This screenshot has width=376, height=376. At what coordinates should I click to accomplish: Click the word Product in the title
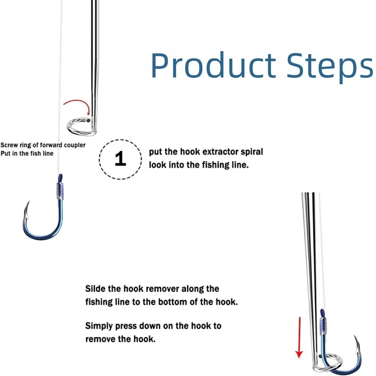pos(214,65)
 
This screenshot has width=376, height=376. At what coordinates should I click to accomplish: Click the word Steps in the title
pos(330,68)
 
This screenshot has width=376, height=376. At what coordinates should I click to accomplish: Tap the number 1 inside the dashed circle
pos(120,159)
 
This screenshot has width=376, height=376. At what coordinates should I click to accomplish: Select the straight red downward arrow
pos(299,337)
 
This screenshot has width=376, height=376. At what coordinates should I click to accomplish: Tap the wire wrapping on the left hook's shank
pos(60,191)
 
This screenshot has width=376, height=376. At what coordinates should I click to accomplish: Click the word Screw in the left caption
pos(9,145)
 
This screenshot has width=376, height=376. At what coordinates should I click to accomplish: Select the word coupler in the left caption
pos(74,145)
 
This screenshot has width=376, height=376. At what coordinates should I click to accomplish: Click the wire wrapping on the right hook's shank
pos(323,326)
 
